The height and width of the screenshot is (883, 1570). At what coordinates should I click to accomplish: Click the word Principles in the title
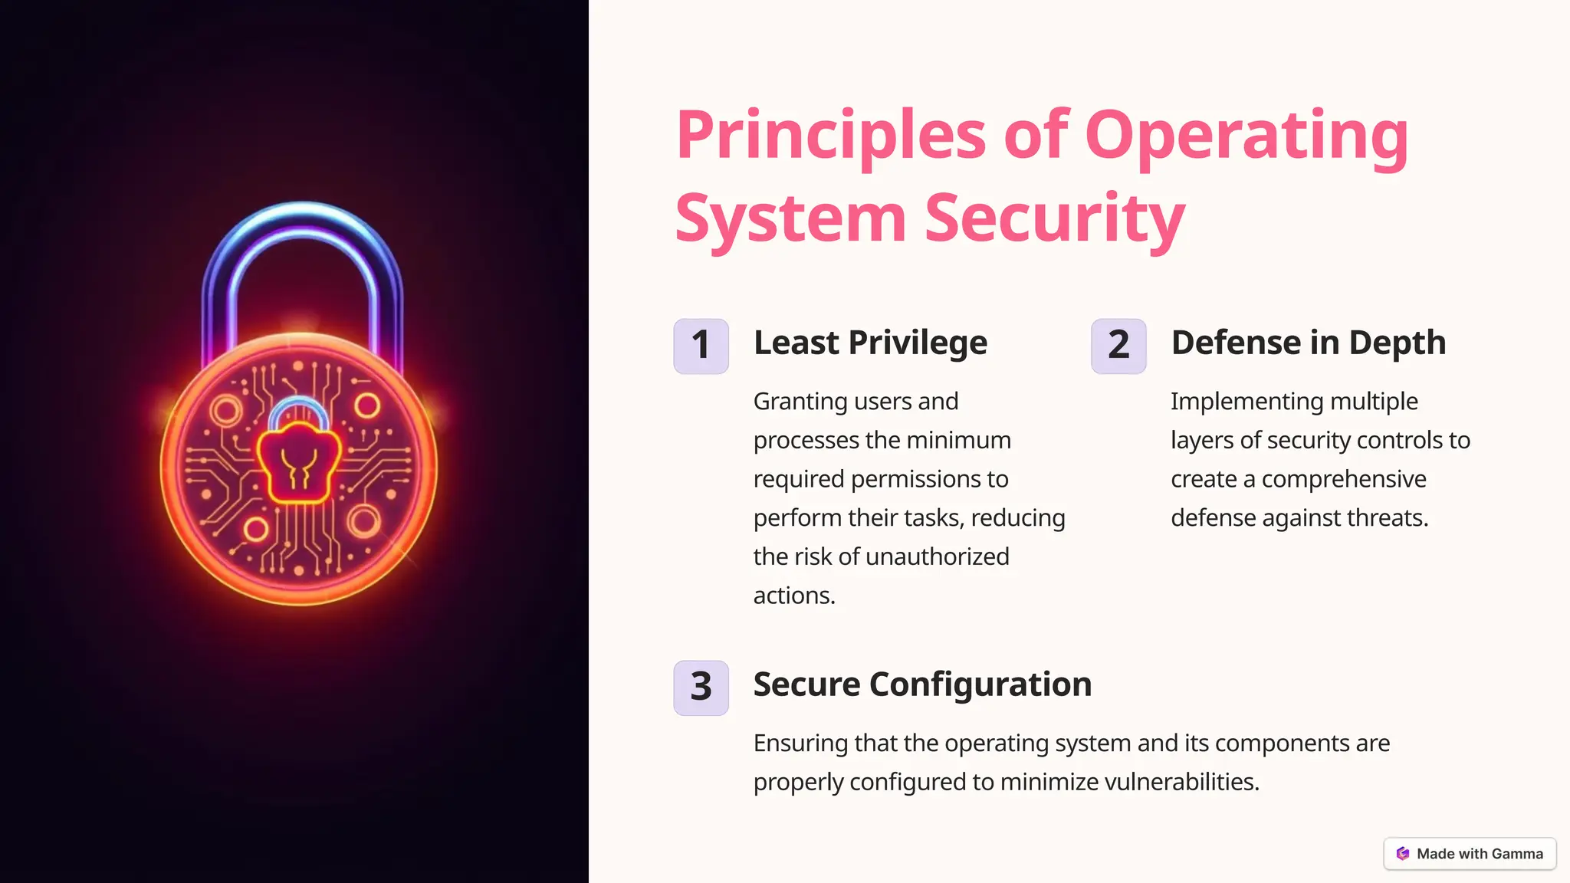[x=830, y=136]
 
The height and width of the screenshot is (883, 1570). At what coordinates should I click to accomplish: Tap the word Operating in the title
[x=1246, y=136]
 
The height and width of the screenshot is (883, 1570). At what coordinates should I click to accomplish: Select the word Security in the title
[x=1055, y=219]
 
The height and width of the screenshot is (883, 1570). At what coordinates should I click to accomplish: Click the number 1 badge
[x=701, y=346]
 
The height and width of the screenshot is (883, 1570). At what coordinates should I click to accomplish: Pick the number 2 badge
[x=1118, y=346]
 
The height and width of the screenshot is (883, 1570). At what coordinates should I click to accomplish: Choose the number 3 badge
[x=701, y=688]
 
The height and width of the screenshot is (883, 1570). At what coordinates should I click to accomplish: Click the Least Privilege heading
[x=870, y=343]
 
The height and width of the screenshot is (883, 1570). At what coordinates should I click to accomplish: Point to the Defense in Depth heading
[x=1308, y=343]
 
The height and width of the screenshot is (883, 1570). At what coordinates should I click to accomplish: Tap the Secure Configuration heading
[x=922, y=684]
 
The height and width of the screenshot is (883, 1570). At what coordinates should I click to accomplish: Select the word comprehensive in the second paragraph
[x=1344, y=479]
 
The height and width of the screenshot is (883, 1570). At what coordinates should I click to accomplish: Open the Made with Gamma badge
[x=1470, y=854]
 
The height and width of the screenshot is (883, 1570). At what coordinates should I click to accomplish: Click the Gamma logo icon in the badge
[x=1403, y=854]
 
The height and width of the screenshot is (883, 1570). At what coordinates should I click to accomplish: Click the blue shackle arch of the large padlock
[x=302, y=222]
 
